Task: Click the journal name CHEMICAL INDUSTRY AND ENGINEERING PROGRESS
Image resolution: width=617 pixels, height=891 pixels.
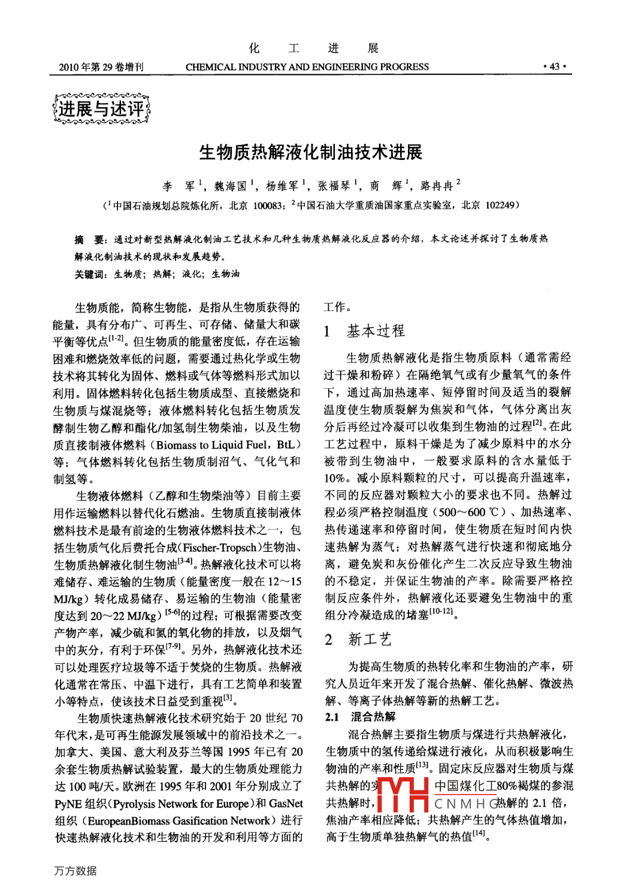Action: pyautogui.click(x=307, y=67)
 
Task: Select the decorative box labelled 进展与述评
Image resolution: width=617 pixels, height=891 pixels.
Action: pyautogui.click(x=101, y=108)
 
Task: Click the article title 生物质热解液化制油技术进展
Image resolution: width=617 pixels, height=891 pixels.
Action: pyautogui.click(x=310, y=152)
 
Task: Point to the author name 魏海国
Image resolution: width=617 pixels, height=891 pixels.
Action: pyautogui.click(x=231, y=186)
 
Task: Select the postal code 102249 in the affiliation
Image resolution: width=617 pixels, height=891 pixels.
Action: pyautogui.click(x=500, y=206)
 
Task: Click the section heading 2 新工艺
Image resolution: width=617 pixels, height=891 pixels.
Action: pyautogui.click(x=358, y=639)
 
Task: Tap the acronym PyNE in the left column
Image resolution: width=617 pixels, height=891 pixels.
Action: pyautogui.click(x=68, y=804)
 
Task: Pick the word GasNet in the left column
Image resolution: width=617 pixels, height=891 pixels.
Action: pyautogui.click(x=286, y=804)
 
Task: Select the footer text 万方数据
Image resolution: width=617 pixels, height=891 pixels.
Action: pyautogui.click(x=75, y=871)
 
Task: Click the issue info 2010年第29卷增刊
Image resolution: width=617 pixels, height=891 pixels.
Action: pyautogui.click(x=101, y=67)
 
